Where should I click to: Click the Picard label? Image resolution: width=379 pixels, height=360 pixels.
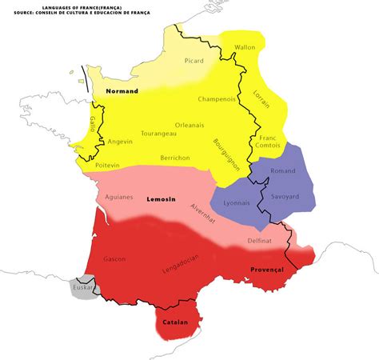(x=194, y=61)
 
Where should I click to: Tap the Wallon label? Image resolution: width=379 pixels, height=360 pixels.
(x=245, y=47)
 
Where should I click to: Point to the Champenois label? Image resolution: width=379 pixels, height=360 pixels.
(x=217, y=99)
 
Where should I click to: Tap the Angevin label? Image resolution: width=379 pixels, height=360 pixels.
(x=119, y=141)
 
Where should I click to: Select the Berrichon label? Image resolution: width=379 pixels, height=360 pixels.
(x=175, y=158)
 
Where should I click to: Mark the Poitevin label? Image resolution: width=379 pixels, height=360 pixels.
(x=103, y=164)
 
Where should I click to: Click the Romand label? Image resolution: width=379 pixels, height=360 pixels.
(x=283, y=171)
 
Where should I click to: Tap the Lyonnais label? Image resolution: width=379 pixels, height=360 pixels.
(x=235, y=204)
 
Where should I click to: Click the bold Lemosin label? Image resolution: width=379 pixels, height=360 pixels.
(x=161, y=198)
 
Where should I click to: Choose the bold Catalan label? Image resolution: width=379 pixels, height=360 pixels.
(x=175, y=322)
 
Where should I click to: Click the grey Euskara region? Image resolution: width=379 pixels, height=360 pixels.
(x=82, y=288)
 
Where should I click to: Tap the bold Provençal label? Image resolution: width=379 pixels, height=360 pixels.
(x=267, y=270)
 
